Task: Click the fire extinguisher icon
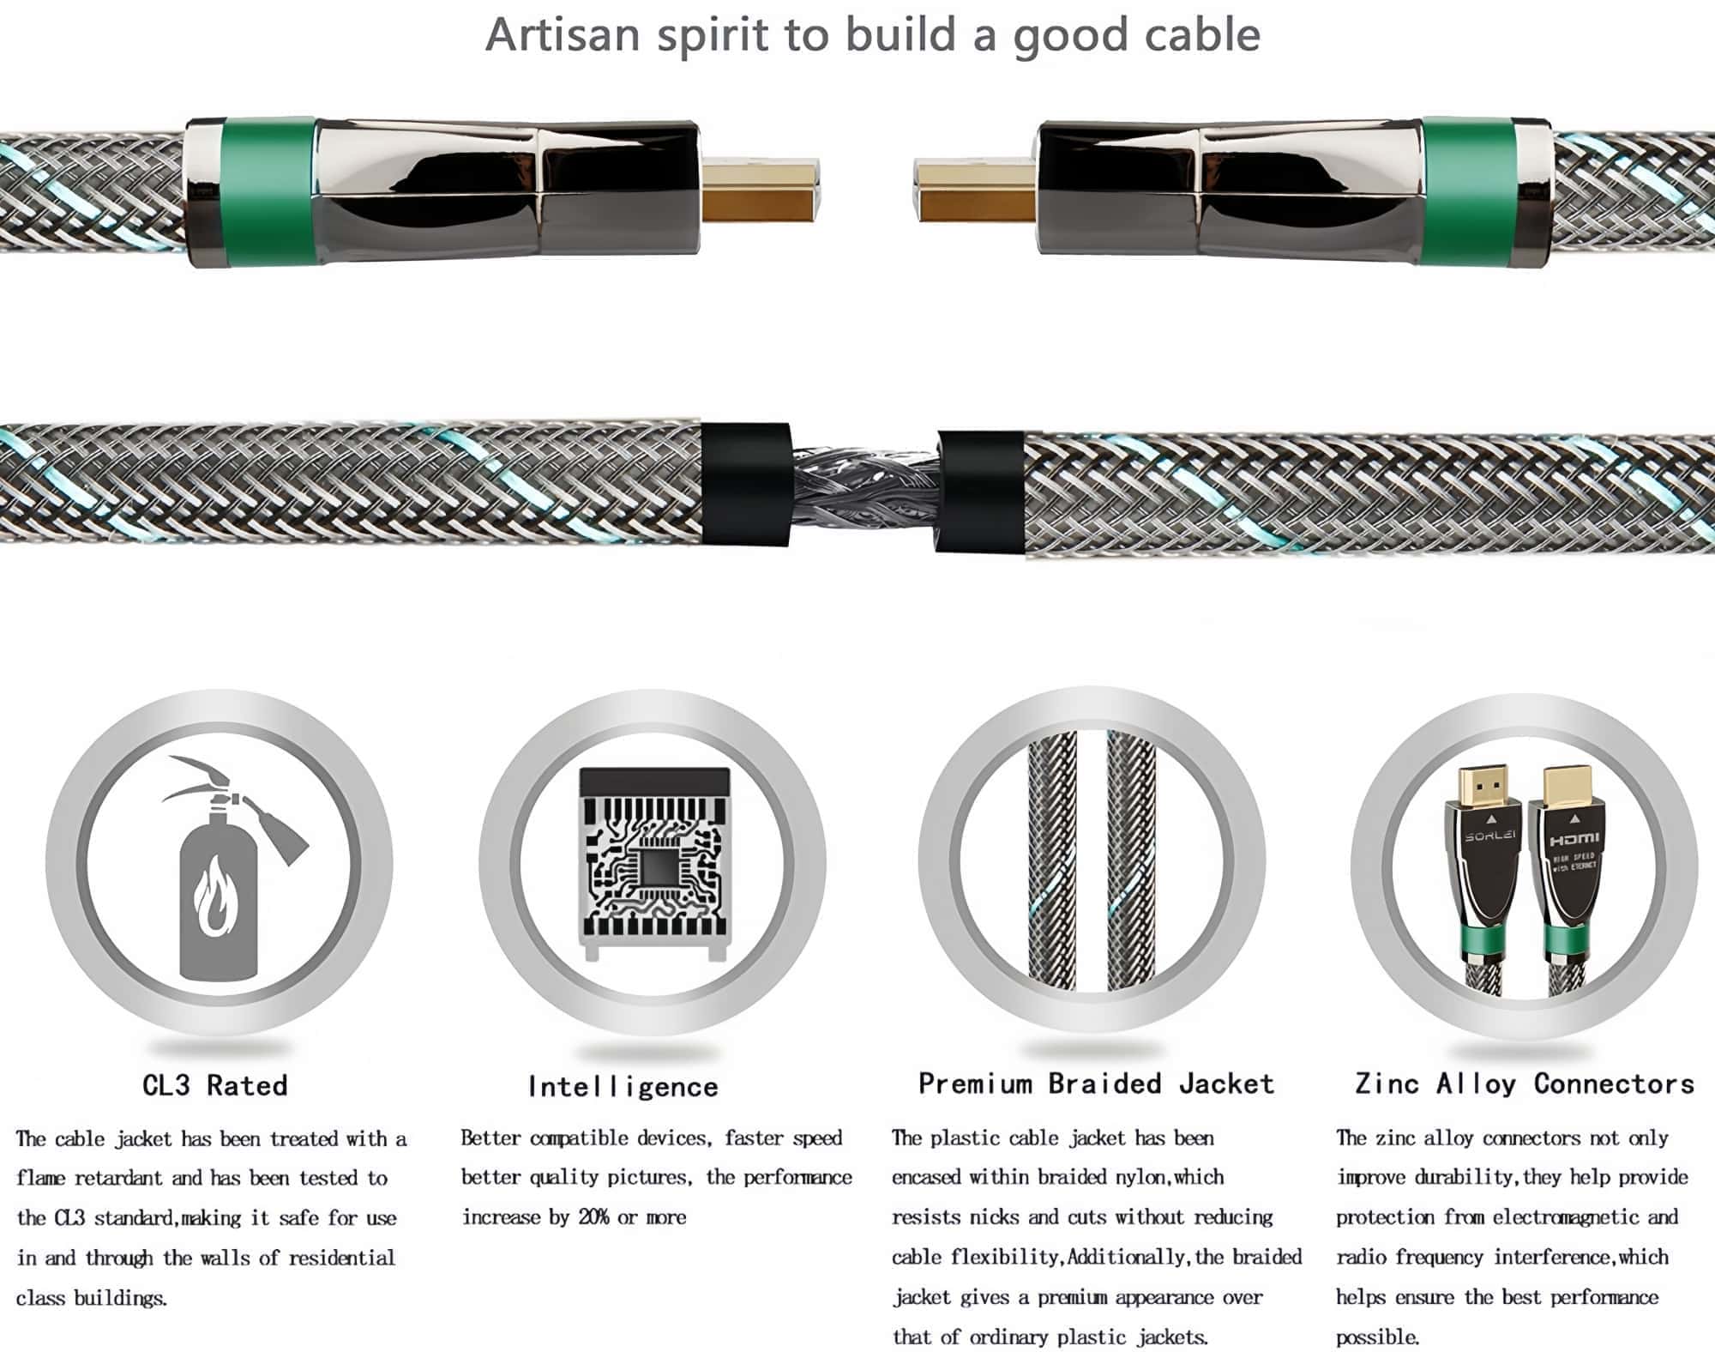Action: coord(225,868)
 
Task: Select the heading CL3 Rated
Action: coord(215,1085)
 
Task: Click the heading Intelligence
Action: coord(623,1086)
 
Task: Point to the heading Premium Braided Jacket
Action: coord(1096,1083)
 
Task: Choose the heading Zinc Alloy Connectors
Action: coord(1525,1083)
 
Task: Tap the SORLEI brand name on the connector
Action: coord(1489,836)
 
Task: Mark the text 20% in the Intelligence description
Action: coord(593,1216)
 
